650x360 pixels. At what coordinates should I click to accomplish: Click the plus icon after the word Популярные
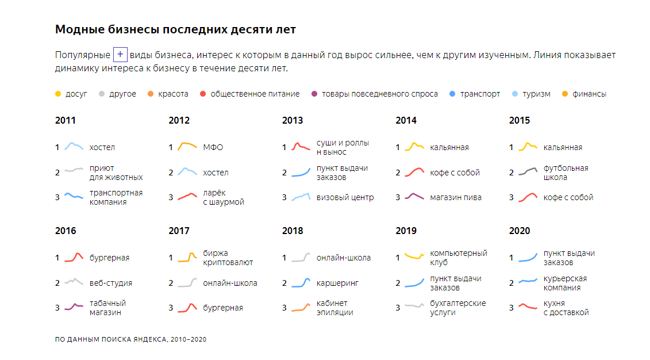pyautogui.click(x=120, y=55)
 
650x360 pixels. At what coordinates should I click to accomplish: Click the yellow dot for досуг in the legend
pyautogui.click(x=57, y=94)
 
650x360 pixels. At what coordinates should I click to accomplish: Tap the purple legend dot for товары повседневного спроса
pyautogui.click(x=313, y=94)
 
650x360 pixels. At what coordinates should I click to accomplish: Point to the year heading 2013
pyautogui.click(x=292, y=121)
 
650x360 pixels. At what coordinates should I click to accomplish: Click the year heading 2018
pyautogui.click(x=292, y=231)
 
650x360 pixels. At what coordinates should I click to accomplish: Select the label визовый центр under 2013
pyautogui.click(x=345, y=197)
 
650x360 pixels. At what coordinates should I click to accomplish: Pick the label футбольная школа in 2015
pyautogui.click(x=566, y=173)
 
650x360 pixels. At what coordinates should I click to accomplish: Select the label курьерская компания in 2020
pyautogui.click(x=566, y=283)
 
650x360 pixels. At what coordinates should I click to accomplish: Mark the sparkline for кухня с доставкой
pyautogui.click(x=528, y=307)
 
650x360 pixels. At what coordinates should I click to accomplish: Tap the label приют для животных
pyautogui.click(x=116, y=173)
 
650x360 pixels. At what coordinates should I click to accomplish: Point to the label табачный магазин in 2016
pyautogui.click(x=107, y=308)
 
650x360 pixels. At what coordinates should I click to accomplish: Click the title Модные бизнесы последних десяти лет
pyautogui.click(x=175, y=29)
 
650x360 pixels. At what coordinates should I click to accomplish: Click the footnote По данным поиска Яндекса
pyautogui.click(x=130, y=339)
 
